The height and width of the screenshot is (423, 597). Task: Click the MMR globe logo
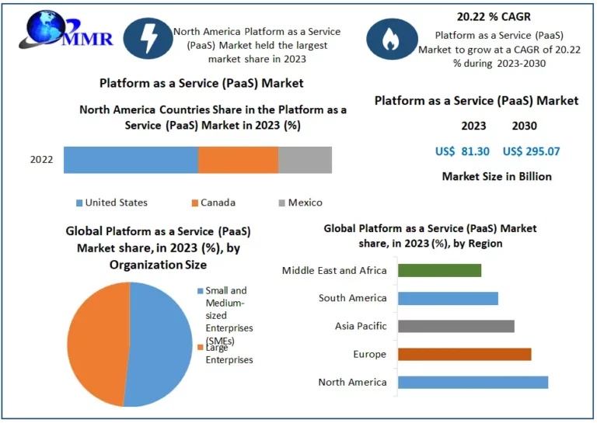pos(66,31)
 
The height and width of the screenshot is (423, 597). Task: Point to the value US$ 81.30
pos(463,151)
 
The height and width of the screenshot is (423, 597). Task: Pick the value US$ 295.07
pos(531,151)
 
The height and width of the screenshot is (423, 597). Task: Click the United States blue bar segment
pos(131,159)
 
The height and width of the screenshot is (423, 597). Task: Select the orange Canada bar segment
pos(238,159)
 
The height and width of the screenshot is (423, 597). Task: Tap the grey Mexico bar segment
pos(305,159)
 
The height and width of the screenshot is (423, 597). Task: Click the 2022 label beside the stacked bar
pos(42,160)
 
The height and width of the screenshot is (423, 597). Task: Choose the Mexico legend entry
pos(305,203)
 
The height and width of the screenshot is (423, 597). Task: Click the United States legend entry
pos(116,203)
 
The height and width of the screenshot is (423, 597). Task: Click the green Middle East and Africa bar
pos(439,270)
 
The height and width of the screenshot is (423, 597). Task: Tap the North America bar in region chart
pos(473,382)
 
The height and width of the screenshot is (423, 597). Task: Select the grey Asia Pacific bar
pos(456,326)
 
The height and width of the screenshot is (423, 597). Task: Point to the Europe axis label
pos(369,354)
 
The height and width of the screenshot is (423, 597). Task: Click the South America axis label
pos(352,298)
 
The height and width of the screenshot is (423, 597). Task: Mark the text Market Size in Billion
pos(497,176)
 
